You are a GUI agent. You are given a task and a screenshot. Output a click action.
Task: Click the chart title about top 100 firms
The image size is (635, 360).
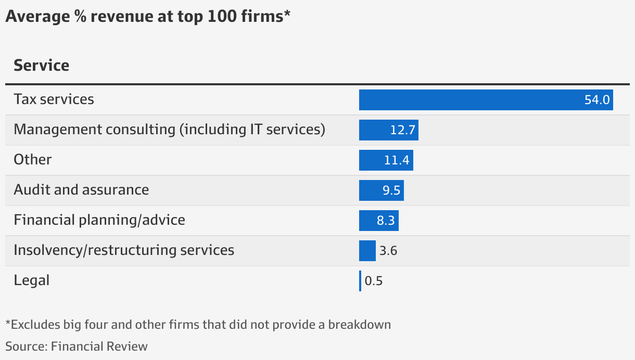tap(147, 17)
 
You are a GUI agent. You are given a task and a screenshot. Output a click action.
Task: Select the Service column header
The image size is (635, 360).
tap(41, 66)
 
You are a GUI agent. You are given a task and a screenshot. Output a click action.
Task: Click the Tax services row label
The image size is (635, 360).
tap(54, 99)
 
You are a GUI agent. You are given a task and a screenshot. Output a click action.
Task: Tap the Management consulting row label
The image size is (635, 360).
tap(169, 130)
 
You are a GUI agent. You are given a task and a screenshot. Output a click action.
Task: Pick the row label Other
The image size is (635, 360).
tap(33, 160)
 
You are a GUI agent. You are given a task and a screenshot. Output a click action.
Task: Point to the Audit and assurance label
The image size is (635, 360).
tap(81, 190)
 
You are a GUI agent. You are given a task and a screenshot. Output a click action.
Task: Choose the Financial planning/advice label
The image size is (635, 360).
tap(99, 220)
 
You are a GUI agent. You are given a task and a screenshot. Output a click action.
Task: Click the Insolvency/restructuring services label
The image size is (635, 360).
tap(124, 250)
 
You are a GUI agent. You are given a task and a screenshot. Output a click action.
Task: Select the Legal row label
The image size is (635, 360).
tap(32, 280)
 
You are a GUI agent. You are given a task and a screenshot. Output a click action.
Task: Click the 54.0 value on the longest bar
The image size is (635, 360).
tap(596, 100)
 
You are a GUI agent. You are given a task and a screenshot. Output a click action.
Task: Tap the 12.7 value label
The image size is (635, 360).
tap(402, 130)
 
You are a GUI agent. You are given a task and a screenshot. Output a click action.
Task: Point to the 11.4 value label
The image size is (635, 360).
tap(397, 160)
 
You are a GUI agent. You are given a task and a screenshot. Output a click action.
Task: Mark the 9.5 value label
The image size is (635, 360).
tap(391, 190)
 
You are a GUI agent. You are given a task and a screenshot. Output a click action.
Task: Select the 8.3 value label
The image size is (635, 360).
tap(386, 221)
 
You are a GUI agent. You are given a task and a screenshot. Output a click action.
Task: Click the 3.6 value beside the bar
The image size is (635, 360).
tap(388, 251)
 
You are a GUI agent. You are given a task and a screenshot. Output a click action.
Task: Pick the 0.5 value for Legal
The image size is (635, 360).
tap(374, 281)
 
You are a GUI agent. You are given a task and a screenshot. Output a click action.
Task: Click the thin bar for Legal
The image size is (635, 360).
tap(360, 281)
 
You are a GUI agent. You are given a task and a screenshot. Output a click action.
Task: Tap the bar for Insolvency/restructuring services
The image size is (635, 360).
tap(367, 251)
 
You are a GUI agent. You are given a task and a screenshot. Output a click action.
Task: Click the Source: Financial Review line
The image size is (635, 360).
tap(77, 346)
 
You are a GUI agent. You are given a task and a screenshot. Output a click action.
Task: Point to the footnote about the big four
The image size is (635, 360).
tap(198, 325)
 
